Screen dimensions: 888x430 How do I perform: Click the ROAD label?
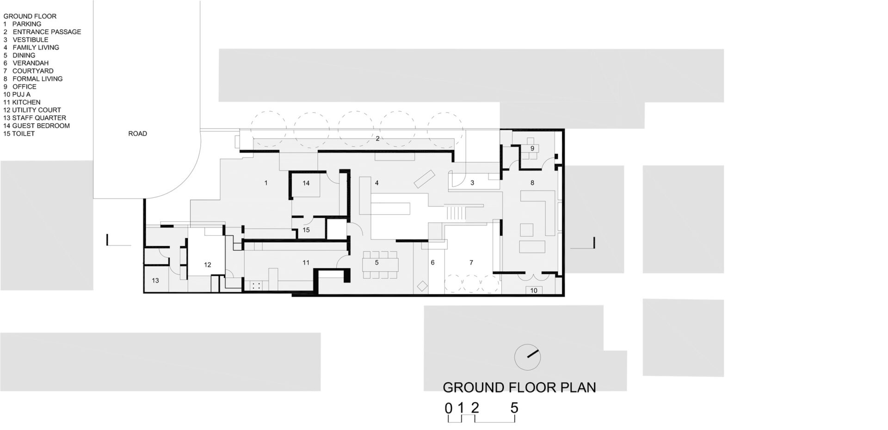click(137, 134)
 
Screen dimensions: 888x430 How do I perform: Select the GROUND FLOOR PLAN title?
click(519, 387)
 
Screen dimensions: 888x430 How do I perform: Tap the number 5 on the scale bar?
click(514, 408)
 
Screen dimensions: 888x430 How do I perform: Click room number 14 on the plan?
click(306, 183)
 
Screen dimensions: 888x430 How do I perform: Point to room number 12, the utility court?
click(207, 265)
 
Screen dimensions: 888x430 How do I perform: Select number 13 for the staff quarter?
click(155, 280)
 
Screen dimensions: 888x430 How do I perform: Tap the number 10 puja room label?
click(534, 291)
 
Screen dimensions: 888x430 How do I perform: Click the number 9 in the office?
click(532, 149)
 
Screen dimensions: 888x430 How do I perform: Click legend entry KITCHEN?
click(26, 102)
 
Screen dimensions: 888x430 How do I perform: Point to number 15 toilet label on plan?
click(306, 230)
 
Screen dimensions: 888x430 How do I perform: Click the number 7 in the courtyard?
click(471, 262)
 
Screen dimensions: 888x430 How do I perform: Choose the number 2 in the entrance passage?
click(377, 138)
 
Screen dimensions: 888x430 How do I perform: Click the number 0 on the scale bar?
click(448, 408)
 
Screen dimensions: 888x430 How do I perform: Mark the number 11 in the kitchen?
click(306, 262)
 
